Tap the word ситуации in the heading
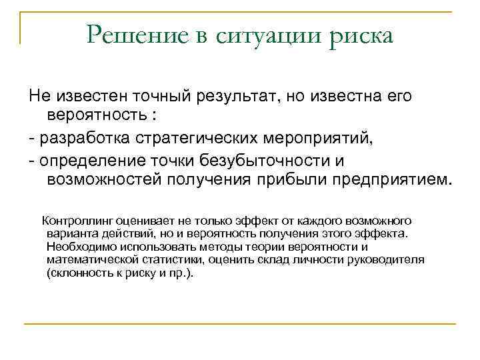pos(273,35)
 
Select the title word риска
pos(363,35)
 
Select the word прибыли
pos(284,180)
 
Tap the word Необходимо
pos(79,247)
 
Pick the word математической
pos(91,260)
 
